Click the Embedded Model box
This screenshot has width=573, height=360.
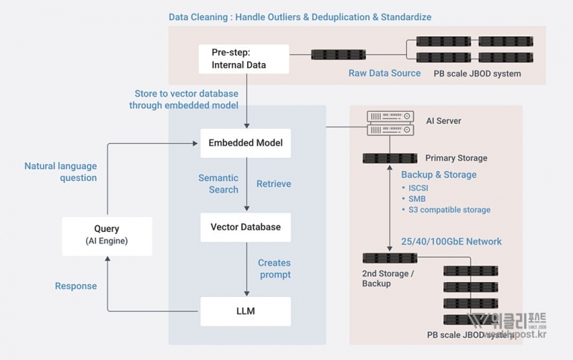click(x=246, y=143)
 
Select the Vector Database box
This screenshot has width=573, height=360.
click(x=246, y=228)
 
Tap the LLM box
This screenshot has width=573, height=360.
click(x=246, y=311)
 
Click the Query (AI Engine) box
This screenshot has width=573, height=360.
click(x=107, y=235)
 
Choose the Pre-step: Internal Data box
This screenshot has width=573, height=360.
click(x=244, y=59)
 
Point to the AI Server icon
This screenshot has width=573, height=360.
click(x=390, y=122)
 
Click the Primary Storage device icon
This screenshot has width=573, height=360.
click(x=390, y=158)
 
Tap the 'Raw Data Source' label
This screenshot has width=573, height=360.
click(x=385, y=73)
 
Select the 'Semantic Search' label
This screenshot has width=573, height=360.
click(x=218, y=184)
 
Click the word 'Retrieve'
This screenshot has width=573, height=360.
click(x=274, y=184)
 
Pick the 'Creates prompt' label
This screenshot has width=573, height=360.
click(x=274, y=268)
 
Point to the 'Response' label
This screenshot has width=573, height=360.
click(x=76, y=286)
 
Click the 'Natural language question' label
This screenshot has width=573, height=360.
click(x=61, y=172)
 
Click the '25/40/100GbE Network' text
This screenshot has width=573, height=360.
click(x=452, y=242)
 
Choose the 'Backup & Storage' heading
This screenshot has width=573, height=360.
click(x=439, y=175)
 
